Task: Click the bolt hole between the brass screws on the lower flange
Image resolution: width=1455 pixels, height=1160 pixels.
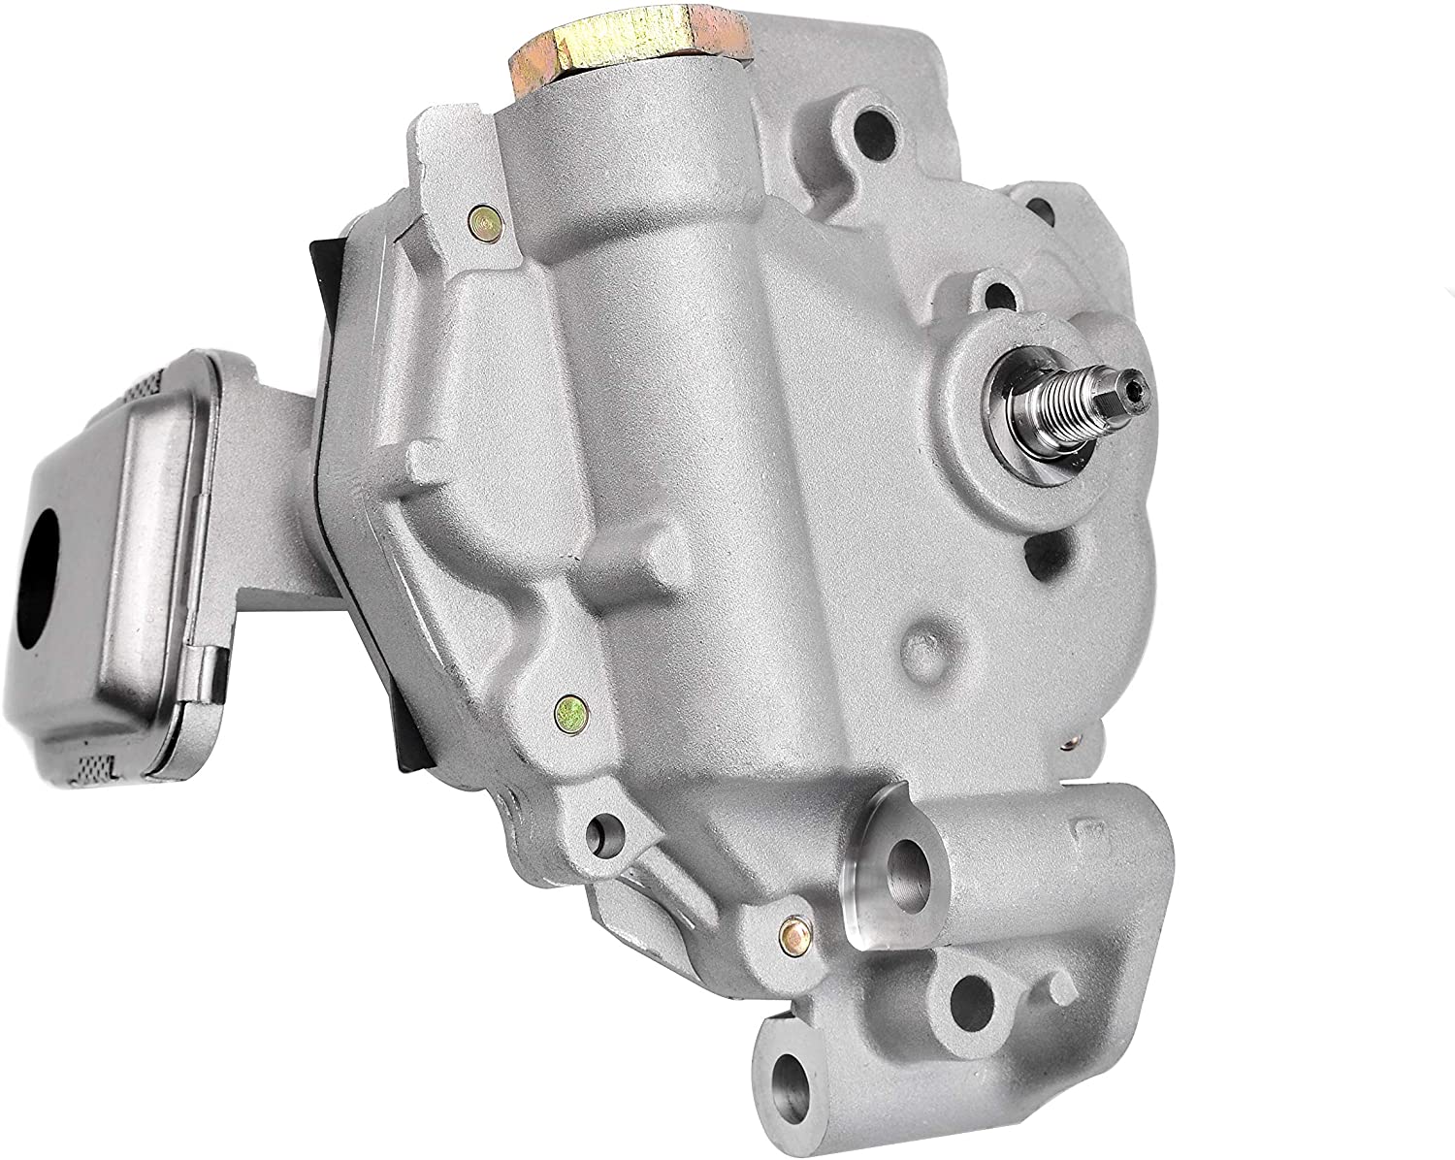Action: pos(608,829)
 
